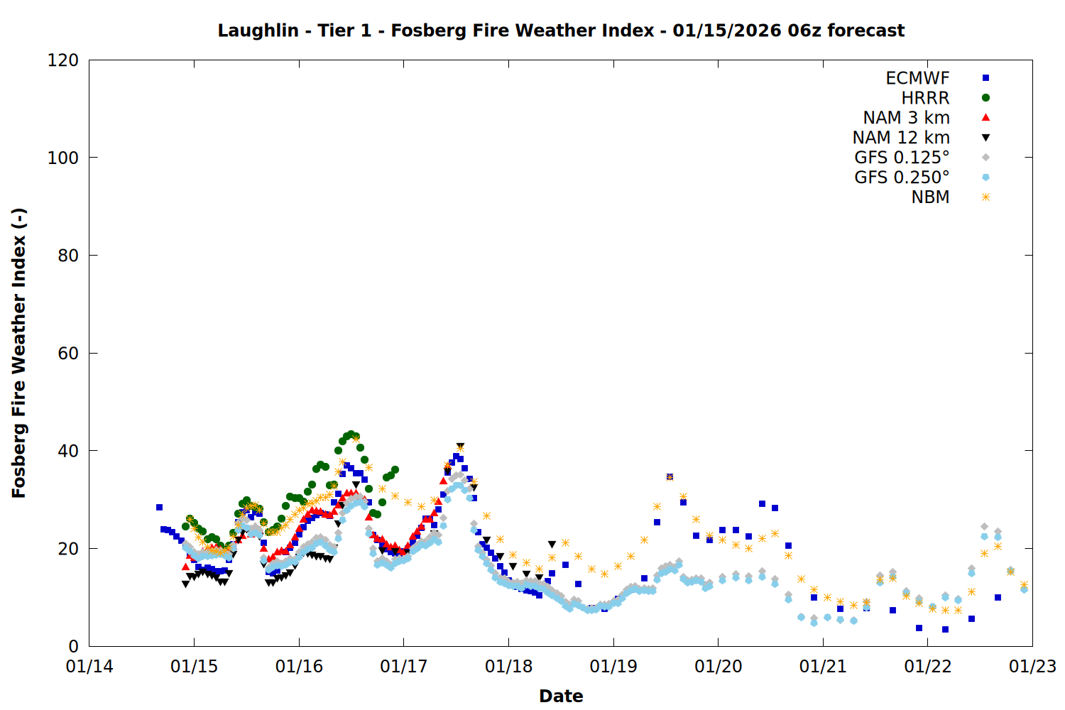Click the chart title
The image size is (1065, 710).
pos(561,31)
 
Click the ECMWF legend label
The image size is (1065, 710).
pos(917,78)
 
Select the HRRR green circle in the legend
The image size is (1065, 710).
pos(985,98)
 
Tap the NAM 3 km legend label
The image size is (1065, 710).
pos(906,118)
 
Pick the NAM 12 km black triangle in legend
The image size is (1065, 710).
pos(985,138)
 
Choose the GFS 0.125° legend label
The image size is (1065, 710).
pos(902,158)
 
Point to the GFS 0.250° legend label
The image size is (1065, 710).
pos(902,177)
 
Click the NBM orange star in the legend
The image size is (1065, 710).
pos(985,197)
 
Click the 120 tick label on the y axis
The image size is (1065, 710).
pos(63,60)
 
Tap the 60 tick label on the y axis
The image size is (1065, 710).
pos(68,354)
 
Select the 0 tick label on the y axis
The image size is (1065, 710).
pos(73,646)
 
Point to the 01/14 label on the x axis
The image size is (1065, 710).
pos(89,667)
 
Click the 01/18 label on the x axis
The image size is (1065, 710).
pos(508,667)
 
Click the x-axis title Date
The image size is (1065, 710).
pos(561,696)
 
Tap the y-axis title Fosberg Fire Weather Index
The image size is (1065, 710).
pos(19,353)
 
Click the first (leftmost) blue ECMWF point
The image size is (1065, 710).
pos(159,507)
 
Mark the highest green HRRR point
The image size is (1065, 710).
pos(351,434)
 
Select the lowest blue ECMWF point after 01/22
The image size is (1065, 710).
pos(945,629)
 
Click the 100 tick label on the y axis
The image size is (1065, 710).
pos(63,158)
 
